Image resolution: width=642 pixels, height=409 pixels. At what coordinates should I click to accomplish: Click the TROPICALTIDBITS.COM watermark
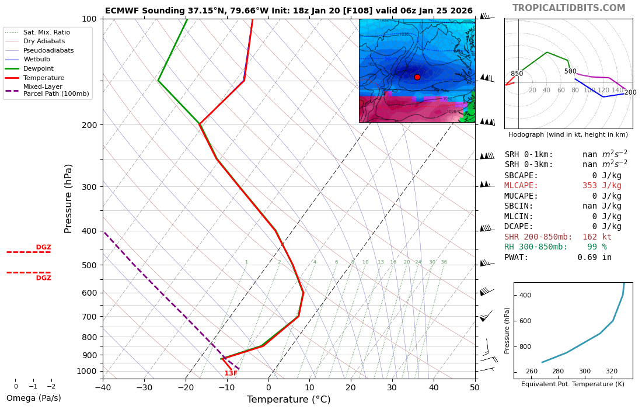pyautogui.click(x=568, y=8)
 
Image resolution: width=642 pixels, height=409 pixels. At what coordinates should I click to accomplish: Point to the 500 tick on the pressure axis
pyautogui.click(x=89, y=265)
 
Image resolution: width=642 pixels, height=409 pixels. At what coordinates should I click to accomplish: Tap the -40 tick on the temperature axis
pyautogui.click(x=103, y=387)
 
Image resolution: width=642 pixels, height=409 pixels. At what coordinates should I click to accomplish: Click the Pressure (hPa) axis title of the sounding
pyautogui.click(x=69, y=199)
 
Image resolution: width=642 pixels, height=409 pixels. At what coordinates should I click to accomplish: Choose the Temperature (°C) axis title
pyautogui.click(x=288, y=400)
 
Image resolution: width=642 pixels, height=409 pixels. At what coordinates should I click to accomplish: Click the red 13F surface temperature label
pyautogui.click(x=231, y=373)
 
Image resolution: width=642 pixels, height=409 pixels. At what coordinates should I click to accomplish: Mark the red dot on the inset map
pyautogui.click(x=417, y=77)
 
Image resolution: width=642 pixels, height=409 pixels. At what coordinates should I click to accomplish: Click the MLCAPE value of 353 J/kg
pyautogui.click(x=602, y=186)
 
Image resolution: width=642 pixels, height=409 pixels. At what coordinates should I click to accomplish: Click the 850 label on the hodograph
pyautogui.click(x=517, y=74)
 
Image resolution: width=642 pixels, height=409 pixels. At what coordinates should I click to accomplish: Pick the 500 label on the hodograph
pyautogui.click(x=570, y=72)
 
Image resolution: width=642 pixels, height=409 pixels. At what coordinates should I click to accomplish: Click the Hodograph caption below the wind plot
pyautogui.click(x=568, y=135)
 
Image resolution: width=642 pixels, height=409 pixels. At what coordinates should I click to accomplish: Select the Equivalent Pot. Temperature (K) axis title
pyautogui.click(x=573, y=384)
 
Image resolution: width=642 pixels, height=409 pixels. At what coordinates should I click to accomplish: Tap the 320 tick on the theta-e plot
pyautogui.click(x=611, y=372)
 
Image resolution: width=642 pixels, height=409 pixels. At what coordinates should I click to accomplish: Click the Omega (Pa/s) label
pyautogui.click(x=33, y=398)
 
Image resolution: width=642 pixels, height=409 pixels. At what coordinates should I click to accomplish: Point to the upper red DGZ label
pyautogui.click(x=44, y=247)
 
